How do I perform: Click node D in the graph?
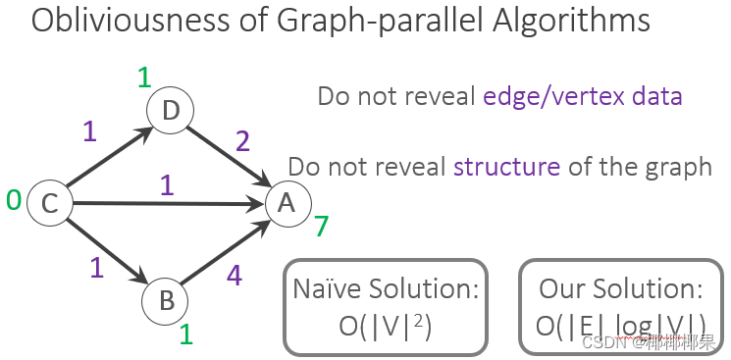coord(170,112)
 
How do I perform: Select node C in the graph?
coord(48,203)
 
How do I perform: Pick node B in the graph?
coord(165,299)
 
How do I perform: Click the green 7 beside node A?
coord(321,228)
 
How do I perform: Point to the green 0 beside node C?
coord(14,201)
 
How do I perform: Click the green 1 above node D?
coord(143,77)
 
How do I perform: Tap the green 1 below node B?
coord(185,335)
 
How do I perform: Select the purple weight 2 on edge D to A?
coord(243,143)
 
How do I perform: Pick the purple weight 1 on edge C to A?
coord(167,183)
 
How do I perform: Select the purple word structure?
coord(506,166)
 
